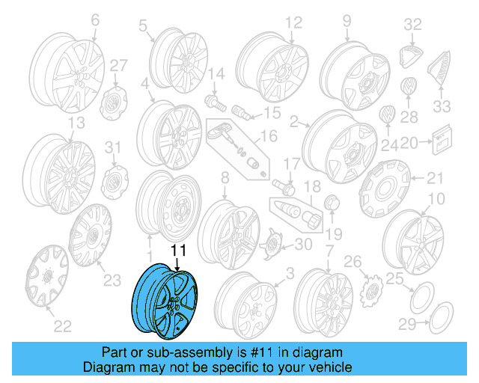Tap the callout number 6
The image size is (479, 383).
pos(95,22)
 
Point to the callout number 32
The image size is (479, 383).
pos(413,25)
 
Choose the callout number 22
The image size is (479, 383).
pos(63,325)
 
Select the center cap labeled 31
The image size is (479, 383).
pos(112,180)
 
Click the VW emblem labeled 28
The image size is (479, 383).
pos(409,87)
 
